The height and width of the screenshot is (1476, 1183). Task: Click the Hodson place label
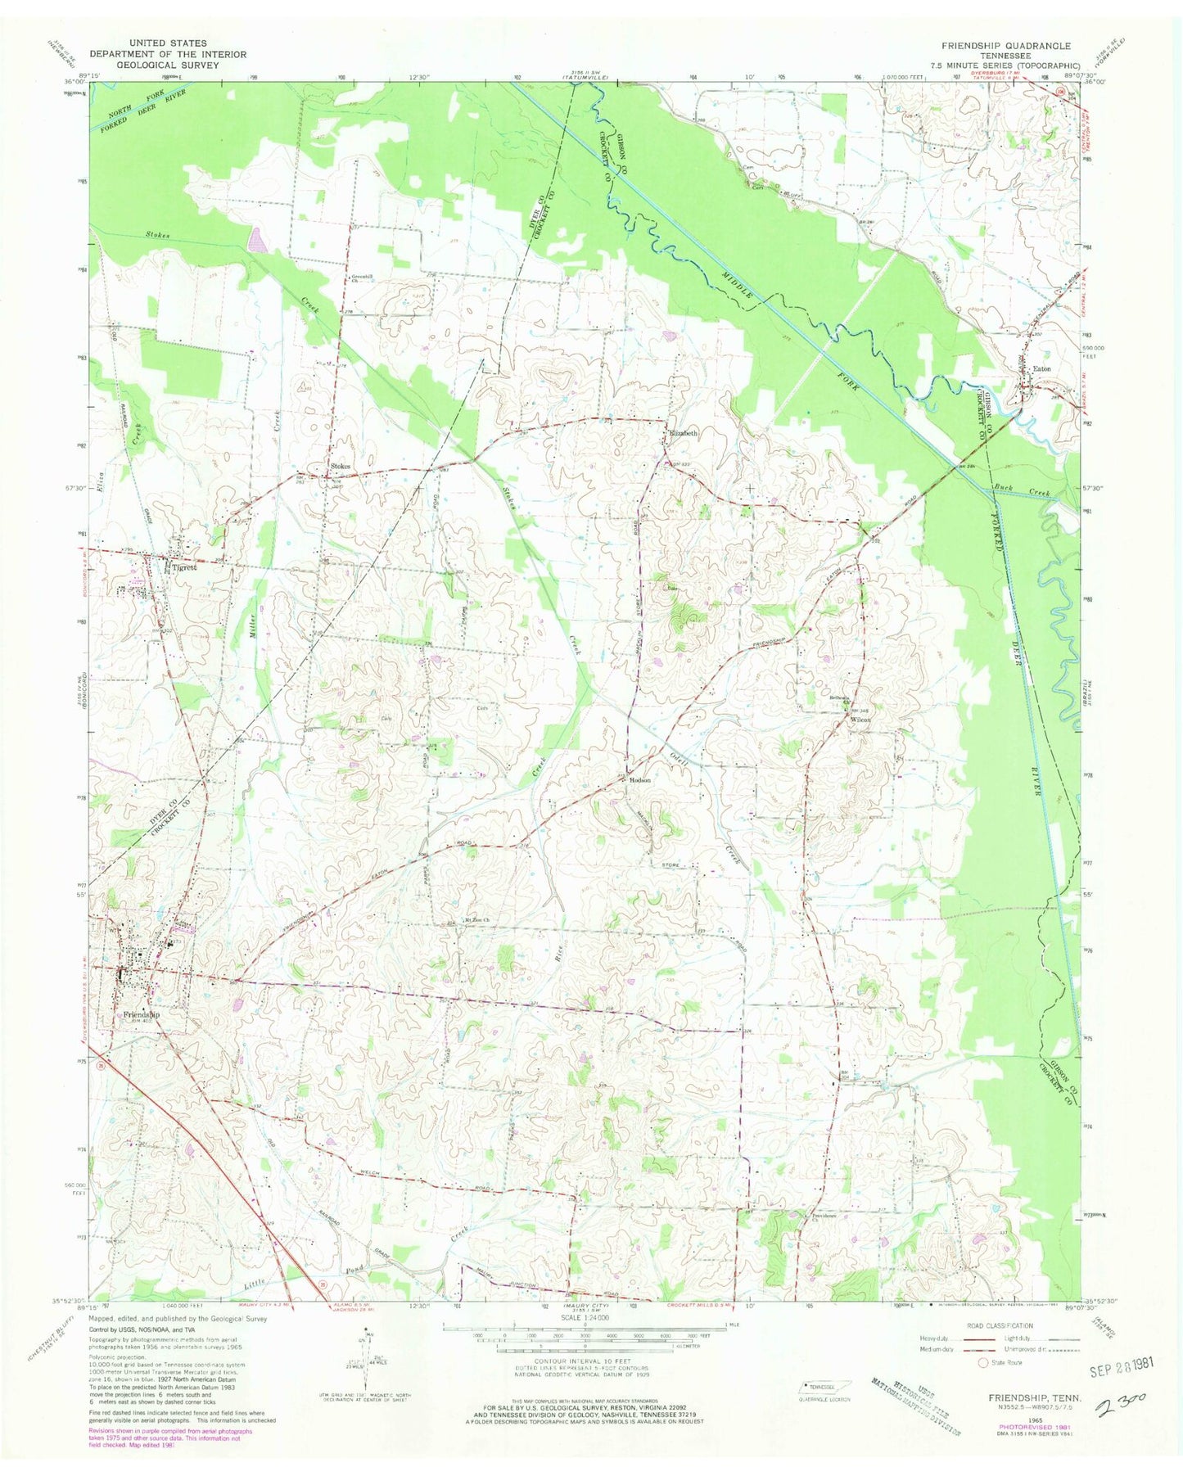[640, 780]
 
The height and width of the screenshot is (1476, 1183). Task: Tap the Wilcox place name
[860, 720]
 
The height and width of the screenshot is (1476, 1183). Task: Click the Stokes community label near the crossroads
[340, 467]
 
